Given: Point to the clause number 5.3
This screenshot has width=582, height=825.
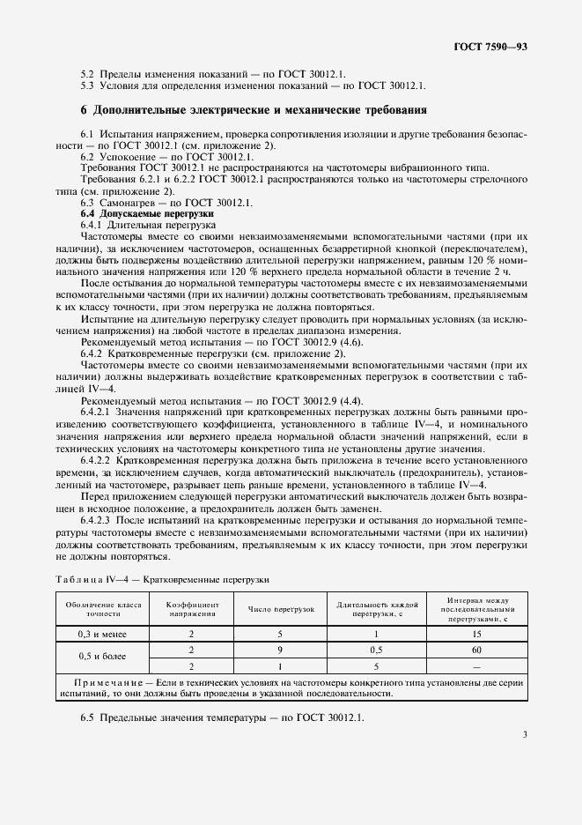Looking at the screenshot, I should point(87,85).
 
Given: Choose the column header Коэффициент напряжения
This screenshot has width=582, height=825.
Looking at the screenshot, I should point(191,609).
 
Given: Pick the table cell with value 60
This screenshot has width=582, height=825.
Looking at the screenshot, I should point(475,650).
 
